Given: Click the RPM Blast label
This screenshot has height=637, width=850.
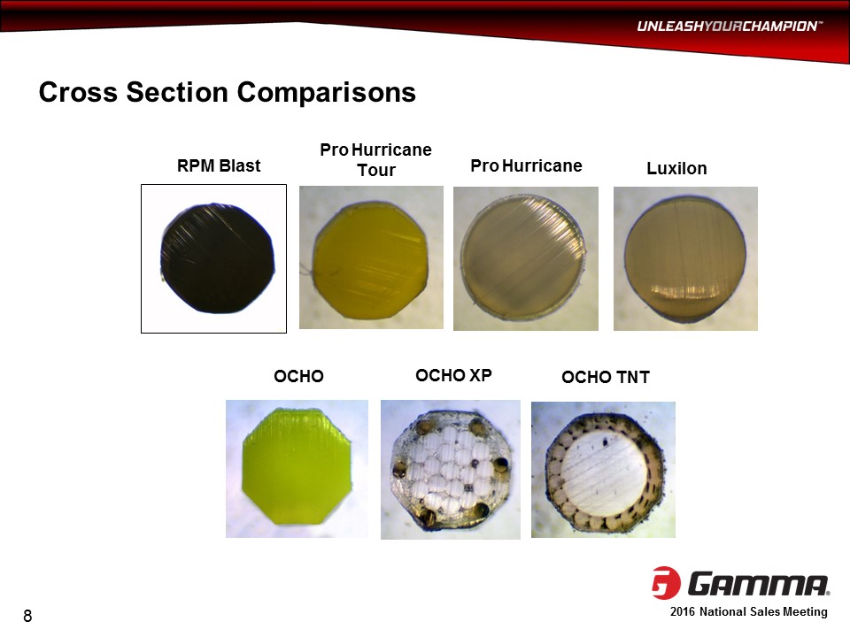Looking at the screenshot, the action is (x=219, y=165).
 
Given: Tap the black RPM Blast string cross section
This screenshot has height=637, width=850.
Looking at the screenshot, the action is (x=218, y=257).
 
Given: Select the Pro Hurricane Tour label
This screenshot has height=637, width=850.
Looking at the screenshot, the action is (x=375, y=159).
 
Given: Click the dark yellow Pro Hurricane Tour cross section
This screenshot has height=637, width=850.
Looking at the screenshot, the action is (x=371, y=259).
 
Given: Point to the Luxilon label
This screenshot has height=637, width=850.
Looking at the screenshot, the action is (x=676, y=168).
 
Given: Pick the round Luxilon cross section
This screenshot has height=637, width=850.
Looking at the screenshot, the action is (x=685, y=258).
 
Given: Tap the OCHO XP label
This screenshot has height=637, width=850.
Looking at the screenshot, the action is (x=453, y=375).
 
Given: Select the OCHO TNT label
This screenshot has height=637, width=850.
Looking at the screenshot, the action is (x=606, y=377).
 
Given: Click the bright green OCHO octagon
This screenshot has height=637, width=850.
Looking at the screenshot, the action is (x=297, y=466).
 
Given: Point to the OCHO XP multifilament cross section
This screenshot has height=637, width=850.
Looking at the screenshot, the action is (x=451, y=469).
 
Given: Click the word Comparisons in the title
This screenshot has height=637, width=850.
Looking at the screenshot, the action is (x=327, y=92).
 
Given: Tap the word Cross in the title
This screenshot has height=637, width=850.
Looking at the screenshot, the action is (x=78, y=92).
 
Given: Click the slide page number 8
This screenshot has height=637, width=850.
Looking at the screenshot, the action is (x=27, y=616).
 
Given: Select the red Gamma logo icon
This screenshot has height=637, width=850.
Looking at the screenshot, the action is (x=666, y=583).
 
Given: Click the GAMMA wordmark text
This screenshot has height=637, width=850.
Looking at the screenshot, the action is (x=759, y=584).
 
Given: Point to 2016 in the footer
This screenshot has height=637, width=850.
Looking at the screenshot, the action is (x=683, y=611).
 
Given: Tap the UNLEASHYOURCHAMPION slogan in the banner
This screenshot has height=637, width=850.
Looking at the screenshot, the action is (x=730, y=26).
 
